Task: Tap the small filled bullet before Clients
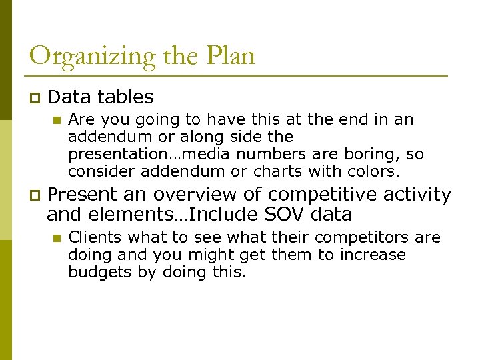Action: (57, 238)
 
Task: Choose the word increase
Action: (373, 255)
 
